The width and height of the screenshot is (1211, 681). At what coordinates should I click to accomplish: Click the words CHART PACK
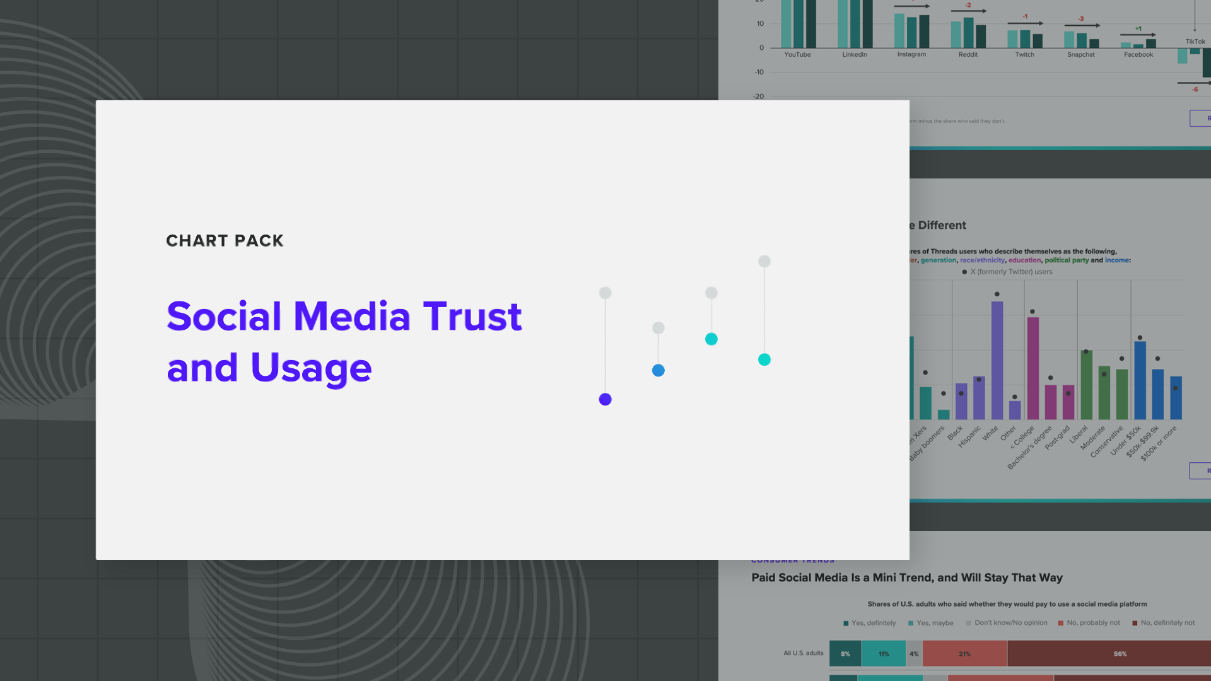[x=225, y=241]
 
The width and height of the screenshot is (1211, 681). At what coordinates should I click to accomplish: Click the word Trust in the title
[x=472, y=316]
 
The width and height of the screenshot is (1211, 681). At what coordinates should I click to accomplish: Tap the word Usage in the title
[x=311, y=368]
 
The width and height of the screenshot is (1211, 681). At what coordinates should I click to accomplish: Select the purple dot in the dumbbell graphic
[x=605, y=399]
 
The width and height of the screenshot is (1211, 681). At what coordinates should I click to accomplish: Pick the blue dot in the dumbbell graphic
[x=658, y=370]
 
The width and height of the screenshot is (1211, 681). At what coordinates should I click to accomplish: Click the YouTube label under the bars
[x=797, y=55]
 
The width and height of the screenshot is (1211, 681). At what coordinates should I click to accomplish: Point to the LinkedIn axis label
[x=855, y=55]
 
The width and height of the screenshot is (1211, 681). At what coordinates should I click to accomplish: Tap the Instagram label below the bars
[x=911, y=55]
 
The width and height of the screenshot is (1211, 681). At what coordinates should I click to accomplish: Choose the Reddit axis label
[x=968, y=55]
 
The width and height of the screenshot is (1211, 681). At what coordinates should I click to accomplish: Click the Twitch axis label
[x=1024, y=55]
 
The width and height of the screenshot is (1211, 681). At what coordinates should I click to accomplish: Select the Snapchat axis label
[x=1080, y=55]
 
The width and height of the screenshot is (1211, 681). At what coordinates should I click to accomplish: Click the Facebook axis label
[x=1138, y=55]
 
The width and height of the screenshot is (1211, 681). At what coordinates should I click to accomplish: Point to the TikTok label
[x=1195, y=42]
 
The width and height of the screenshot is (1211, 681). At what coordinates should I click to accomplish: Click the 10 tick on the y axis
[x=760, y=24]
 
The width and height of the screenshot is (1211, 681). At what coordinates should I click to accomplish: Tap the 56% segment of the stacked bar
[x=1120, y=654]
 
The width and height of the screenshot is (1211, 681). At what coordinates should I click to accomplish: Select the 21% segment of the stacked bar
[x=964, y=654]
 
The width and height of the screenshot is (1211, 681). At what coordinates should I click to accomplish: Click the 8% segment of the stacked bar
[x=845, y=654]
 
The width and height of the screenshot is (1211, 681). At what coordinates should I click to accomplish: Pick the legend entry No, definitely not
[x=1167, y=623]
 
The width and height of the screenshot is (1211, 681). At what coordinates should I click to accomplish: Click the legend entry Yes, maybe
[x=934, y=623]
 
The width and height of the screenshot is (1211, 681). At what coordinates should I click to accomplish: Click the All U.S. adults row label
[x=803, y=653]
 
